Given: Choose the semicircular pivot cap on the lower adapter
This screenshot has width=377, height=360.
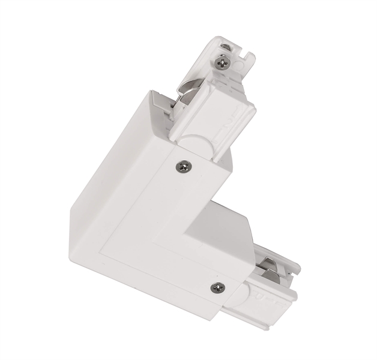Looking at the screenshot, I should click(239, 293).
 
